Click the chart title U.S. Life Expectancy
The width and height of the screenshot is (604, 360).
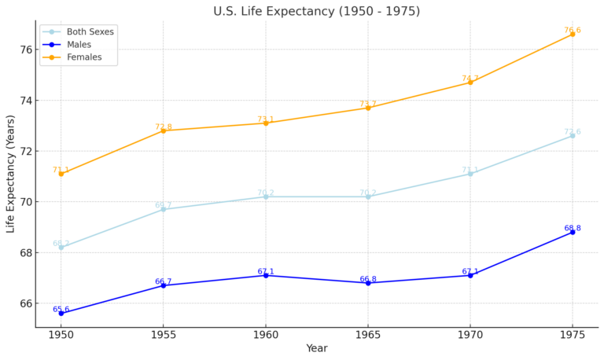point(316,11)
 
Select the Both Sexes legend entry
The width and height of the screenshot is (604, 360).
point(90,32)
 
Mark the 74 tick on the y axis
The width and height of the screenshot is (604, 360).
point(25,101)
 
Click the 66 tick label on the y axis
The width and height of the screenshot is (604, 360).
point(25,303)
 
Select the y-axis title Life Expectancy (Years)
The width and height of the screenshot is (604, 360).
point(11,174)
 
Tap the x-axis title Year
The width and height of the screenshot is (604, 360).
point(316,349)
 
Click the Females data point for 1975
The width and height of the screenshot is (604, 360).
point(573,34)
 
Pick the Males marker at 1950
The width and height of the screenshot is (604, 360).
point(61,313)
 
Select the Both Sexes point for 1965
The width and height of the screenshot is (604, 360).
point(368,197)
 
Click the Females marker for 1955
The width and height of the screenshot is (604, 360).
point(164,130)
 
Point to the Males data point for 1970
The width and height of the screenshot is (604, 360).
point(470,275)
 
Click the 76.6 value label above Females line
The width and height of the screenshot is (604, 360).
point(573,31)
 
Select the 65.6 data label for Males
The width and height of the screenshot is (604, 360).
point(61,310)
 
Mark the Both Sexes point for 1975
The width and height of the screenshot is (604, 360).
point(573,135)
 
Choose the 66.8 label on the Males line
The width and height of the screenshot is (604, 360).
point(368,279)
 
